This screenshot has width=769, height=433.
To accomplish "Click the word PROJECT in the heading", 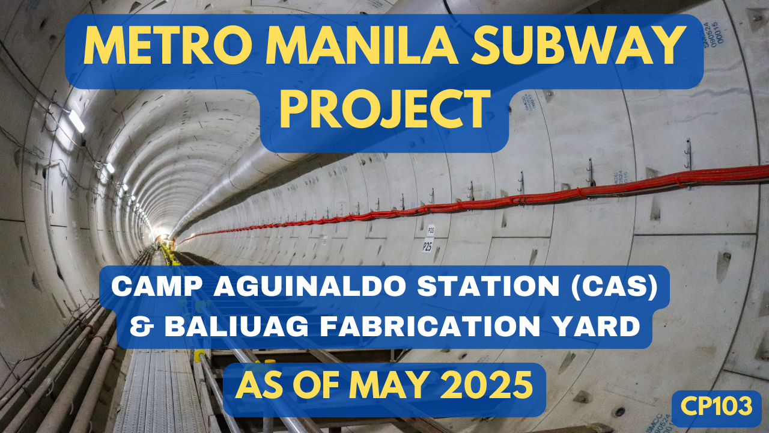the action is pos(384,109).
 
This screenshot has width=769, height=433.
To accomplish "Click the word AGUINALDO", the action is pos(309,287).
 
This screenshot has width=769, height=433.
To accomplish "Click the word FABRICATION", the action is pos(431,327).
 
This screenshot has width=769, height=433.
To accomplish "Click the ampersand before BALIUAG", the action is pos(141,327).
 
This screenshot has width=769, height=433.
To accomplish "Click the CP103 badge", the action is pos(717,407).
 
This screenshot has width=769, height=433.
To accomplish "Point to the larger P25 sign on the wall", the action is pos(427,247).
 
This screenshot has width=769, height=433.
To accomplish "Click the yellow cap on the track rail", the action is pos(199,355).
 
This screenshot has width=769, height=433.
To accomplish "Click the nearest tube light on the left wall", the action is pos(76,121).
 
